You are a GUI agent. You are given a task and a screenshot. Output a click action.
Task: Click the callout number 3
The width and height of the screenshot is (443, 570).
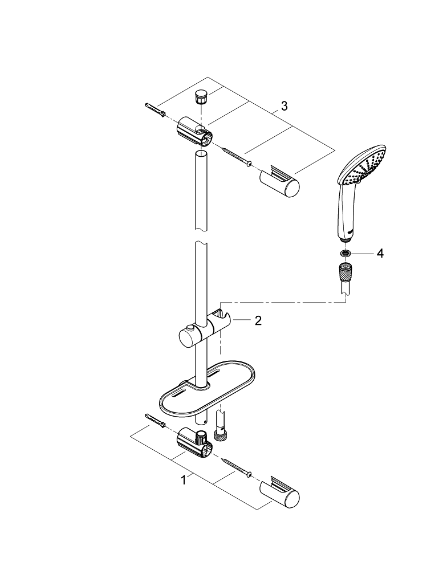[284, 106]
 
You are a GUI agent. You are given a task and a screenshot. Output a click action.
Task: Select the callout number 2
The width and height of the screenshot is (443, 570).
[258, 321]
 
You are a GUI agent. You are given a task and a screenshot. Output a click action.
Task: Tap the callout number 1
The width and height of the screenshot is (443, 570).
[184, 481]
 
